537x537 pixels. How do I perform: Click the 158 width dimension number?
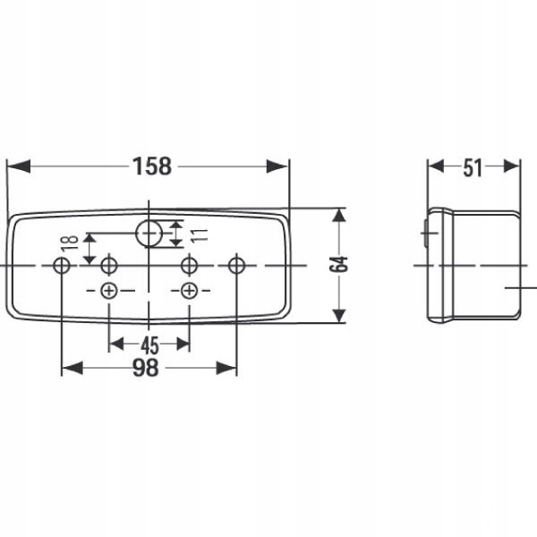click(x=152, y=166)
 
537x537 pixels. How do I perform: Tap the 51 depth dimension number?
click(x=473, y=168)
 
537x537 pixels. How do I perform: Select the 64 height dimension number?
click(x=338, y=264)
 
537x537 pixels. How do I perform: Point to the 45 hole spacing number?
click(x=149, y=345)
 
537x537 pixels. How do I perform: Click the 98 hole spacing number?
click(x=146, y=368)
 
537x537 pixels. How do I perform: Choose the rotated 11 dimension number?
click(x=200, y=235)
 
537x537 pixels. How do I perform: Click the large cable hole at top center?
click(x=149, y=234)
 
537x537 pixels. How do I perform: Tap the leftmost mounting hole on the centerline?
click(x=62, y=266)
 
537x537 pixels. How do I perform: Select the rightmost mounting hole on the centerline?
click(x=236, y=266)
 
